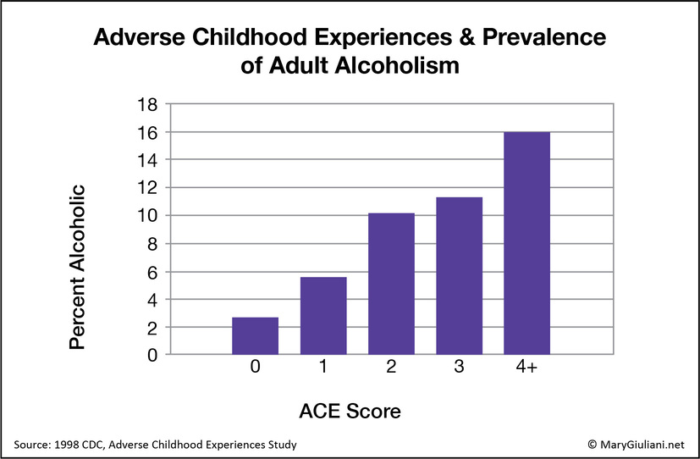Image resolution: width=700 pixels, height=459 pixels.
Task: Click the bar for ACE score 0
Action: pos(255,335)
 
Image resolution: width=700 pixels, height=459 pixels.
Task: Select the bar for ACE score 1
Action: pos(322,315)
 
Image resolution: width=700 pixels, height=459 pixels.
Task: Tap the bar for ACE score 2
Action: pos(391,284)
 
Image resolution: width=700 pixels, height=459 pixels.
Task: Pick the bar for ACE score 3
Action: pos(459,275)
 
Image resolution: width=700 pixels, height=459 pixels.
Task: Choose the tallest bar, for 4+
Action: pos(526,243)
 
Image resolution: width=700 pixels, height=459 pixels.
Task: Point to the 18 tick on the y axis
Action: pos(147,104)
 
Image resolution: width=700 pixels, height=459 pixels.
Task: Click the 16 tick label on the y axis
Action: pos(147,132)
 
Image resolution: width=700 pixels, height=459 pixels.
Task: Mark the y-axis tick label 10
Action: pos(147,215)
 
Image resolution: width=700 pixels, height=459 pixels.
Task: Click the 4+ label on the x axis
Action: pos(526,369)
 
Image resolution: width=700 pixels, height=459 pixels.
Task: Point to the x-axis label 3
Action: pos(459,369)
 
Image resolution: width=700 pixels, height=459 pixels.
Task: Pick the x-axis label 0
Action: pos(255,369)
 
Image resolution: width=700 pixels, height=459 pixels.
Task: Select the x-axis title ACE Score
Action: pos(350,412)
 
